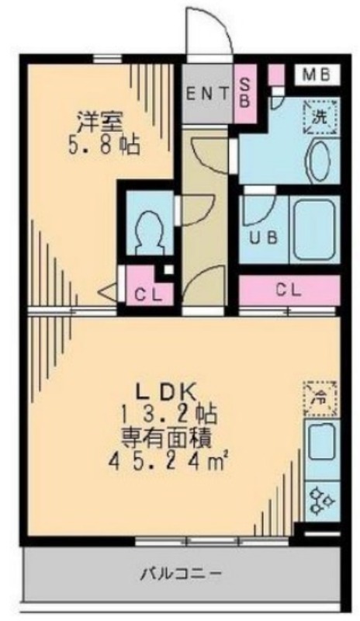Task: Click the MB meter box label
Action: click(x=317, y=75)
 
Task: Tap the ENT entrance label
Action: click(x=207, y=94)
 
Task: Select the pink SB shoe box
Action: click(x=245, y=93)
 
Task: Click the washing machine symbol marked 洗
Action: click(x=320, y=117)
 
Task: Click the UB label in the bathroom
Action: click(x=263, y=238)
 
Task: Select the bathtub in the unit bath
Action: click(x=315, y=230)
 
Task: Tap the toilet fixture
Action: click(x=149, y=232)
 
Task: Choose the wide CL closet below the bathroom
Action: click(x=289, y=290)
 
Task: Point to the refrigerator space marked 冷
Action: click(x=320, y=399)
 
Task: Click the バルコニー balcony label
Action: click(x=180, y=573)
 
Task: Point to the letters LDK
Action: click(x=166, y=394)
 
